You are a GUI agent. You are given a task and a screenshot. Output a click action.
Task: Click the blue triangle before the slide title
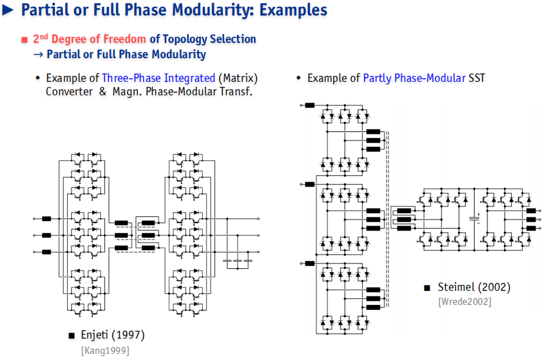(x=7, y=10)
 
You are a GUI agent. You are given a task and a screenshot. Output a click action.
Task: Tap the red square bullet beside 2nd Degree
(x=24, y=40)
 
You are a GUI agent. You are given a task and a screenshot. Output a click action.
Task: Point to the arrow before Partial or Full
(x=38, y=54)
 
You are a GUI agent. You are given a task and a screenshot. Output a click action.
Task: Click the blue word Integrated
(x=189, y=78)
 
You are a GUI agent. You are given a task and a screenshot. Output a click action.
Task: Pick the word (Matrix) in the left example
(x=238, y=78)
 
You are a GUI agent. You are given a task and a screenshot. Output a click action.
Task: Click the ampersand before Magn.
(x=103, y=91)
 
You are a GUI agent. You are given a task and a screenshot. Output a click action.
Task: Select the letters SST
(x=477, y=78)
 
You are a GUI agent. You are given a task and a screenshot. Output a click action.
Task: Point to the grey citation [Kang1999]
(x=105, y=350)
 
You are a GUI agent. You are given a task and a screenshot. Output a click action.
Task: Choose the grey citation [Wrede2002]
(x=465, y=301)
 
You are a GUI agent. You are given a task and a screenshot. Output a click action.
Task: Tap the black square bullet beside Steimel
(x=427, y=288)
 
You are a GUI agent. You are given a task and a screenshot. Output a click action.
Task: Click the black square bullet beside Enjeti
(x=71, y=336)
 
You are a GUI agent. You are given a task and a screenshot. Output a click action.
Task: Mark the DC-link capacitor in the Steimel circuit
(x=474, y=219)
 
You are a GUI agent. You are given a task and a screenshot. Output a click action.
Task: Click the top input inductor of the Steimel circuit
(x=310, y=105)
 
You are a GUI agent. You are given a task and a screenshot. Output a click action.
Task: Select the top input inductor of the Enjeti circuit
(x=46, y=219)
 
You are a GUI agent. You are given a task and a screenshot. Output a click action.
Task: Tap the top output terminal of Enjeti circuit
(x=258, y=219)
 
